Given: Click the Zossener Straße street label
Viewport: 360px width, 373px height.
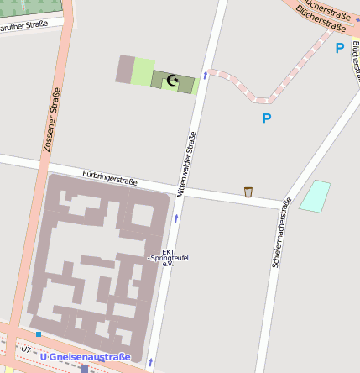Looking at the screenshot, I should [52, 120].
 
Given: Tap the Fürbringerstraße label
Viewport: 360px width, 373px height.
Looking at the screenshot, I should [110, 177].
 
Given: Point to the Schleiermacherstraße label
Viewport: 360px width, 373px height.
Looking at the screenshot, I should [281, 233].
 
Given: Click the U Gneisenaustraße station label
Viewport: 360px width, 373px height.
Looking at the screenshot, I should [86, 357].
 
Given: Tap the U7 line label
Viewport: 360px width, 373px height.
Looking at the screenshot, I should [26, 348].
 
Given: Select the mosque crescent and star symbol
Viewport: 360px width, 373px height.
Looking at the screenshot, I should [174, 81].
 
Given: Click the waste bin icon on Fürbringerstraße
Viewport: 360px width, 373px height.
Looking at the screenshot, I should [248, 192].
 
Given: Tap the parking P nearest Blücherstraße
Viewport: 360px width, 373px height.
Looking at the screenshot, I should [339, 49].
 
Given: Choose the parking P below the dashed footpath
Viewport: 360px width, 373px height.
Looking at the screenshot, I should [266, 118].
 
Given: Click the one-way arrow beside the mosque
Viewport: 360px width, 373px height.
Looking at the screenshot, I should [205, 76].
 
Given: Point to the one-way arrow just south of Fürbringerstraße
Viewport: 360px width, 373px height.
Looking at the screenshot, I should [176, 218].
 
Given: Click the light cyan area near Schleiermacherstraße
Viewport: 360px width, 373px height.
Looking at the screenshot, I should [316, 196].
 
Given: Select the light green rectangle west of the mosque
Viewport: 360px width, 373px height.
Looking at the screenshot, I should [143, 71].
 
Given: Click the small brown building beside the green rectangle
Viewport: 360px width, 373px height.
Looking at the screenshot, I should [124, 69].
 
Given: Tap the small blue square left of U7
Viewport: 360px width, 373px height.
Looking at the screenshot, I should [39, 334].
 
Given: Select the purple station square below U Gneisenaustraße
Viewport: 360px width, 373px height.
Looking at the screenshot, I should [84, 368].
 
